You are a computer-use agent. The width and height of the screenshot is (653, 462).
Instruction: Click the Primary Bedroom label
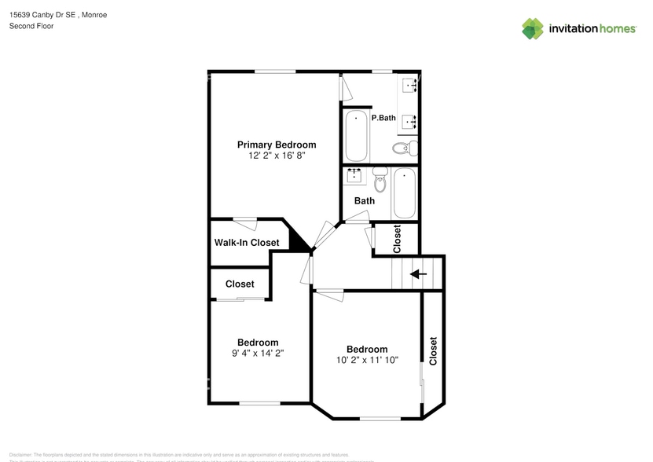(277, 145)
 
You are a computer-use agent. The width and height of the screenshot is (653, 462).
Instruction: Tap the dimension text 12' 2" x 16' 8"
(277, 156)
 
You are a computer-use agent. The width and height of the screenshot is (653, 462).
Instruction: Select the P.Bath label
(383, 118)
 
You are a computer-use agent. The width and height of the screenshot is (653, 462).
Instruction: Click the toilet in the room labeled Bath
(381, 179)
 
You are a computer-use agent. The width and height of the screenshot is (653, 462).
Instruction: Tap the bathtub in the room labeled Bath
(404, 193)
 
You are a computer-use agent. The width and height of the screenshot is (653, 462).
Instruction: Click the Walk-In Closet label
(247, 243)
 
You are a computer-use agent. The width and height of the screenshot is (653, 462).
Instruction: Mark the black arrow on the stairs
(419, 274)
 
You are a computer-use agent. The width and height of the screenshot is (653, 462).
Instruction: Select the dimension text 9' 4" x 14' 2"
(258, 354)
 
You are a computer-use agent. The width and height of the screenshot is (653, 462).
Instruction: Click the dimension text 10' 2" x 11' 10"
(367, 360)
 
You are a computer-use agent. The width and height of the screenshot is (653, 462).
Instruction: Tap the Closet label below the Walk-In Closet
(240, 284)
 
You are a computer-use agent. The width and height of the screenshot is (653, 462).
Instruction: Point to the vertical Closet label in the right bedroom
(433, 351)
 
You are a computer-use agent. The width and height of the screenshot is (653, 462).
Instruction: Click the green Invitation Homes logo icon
(533, 28)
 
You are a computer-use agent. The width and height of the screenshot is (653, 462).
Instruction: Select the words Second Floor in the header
(31, 26)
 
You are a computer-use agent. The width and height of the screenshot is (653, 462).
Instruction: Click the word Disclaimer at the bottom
(20, 455)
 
